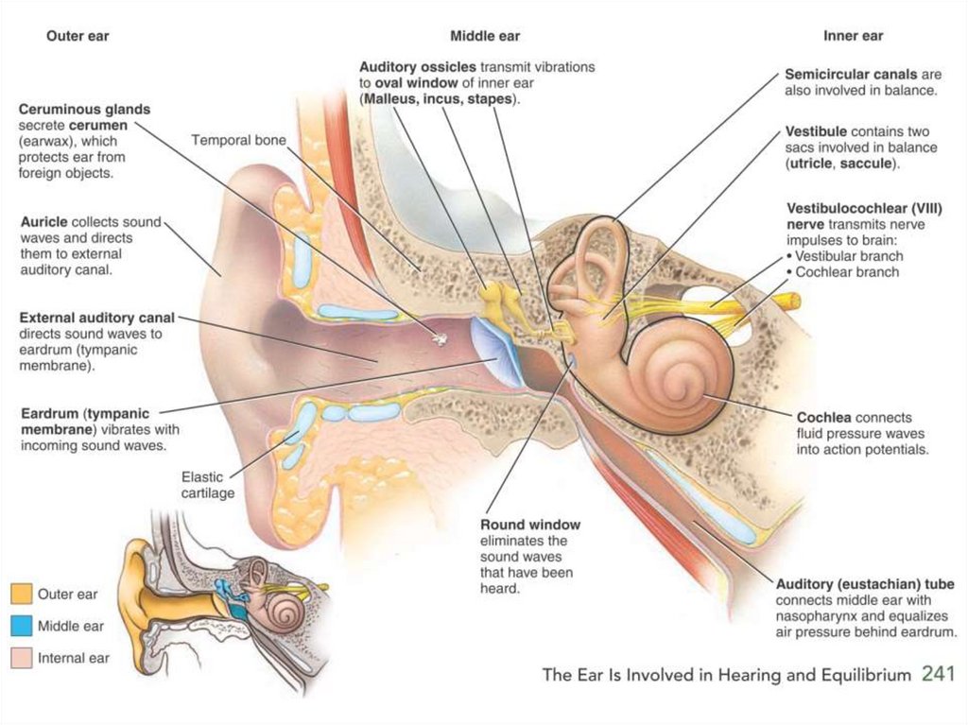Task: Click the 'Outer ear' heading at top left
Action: (x=78, y=37)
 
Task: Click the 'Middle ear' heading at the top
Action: (x=485, y=37)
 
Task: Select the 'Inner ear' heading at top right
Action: (x=853, y=37)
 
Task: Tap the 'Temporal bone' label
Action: (x=238, y=140)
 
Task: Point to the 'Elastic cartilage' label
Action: (x=208, y=485)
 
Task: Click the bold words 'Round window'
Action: (x=530, y=525)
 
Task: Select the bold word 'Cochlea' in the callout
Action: (x=824, y=417)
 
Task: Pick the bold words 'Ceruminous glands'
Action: (x=84, y=110)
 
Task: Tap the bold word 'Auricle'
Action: (x=44, y=222)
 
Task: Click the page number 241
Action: (x=940, y=674)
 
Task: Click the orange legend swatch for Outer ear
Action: (x=21, y=595)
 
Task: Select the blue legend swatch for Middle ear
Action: (x=21, y=626)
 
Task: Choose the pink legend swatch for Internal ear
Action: (x=21, y=657)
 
